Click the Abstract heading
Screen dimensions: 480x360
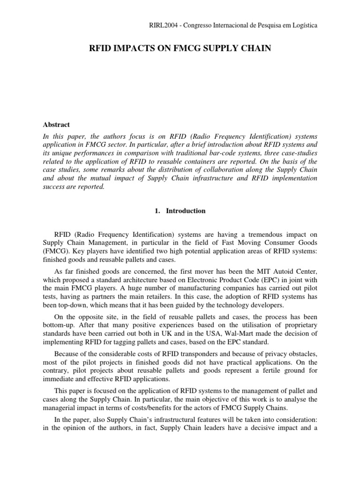[x=56, y=125]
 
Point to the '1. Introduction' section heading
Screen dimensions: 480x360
[x=180, y=211]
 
